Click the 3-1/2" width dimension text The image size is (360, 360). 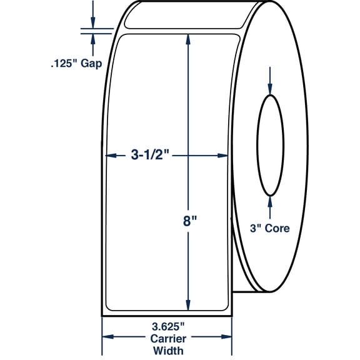point(150,155)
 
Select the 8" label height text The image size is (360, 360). point(190,221)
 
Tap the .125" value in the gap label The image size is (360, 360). point(64,63)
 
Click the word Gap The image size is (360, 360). point(91,64)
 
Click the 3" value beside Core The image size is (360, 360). point(256,228)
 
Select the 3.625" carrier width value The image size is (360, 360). point(168,326)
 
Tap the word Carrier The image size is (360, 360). point(168,339)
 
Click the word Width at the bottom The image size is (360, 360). point(168,351)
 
